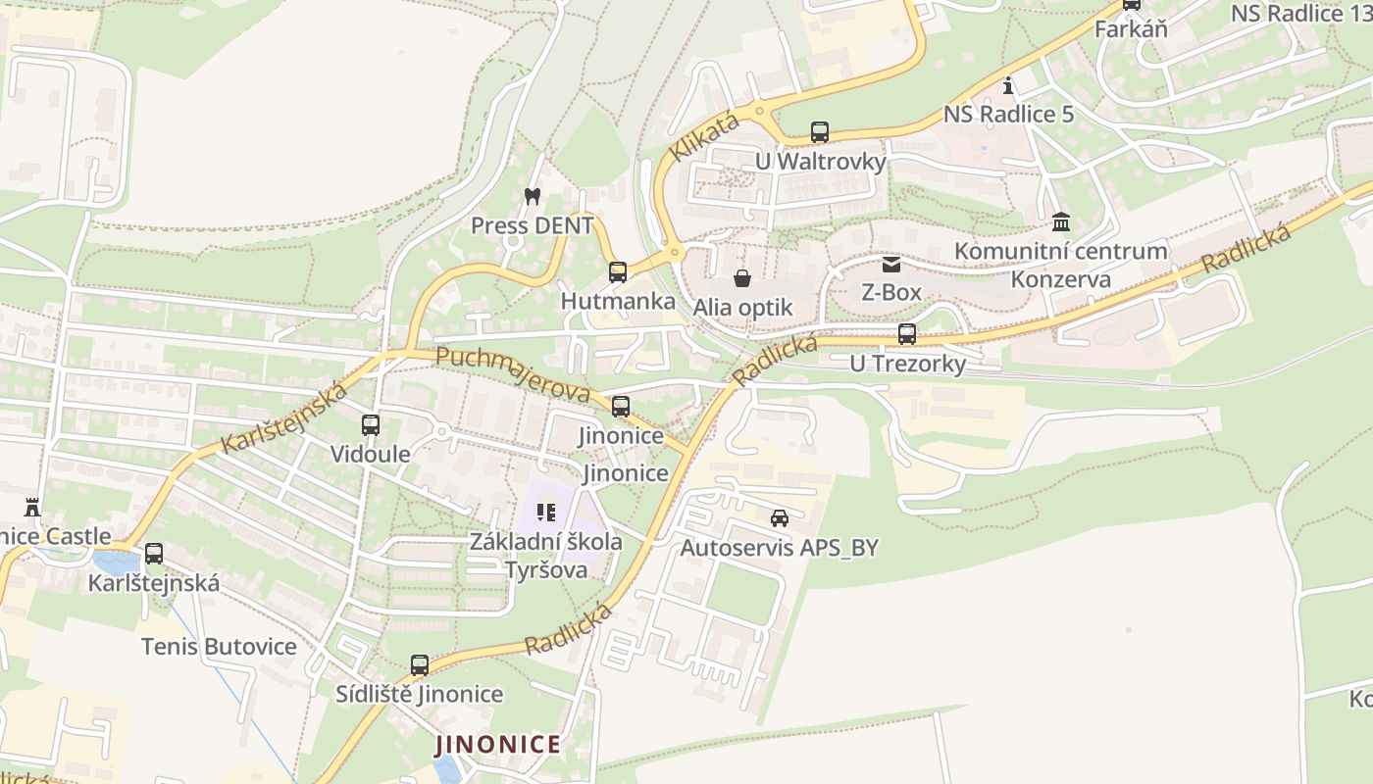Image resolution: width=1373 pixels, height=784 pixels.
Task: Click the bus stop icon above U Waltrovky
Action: pyautogui.click(x=820, y=132)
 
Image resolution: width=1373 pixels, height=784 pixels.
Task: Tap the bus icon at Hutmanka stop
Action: pyautogui.click(x=618, y=272)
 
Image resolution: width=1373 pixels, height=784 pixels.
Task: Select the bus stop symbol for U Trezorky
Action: pyautogui.click(x=907, y=334)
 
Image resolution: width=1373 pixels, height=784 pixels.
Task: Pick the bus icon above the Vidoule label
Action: pyautogui.click(x=371, y=425)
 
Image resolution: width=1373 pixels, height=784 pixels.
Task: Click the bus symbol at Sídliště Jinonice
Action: pyautogui.click(x=420, y=665)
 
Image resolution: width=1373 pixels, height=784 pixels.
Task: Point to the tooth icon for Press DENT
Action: pyautogui.click(x=533, y=197)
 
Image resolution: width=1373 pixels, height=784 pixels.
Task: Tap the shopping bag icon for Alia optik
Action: pyautogui.click(x=742, y=279)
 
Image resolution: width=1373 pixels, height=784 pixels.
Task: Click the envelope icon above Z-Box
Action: pyautogui.click(x=891, y=264)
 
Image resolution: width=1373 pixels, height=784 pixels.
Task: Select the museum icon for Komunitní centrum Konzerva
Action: pyautogui.click(x=1061, y=221)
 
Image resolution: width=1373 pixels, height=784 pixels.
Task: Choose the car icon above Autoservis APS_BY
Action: pyautogui.click(x=780, y=518)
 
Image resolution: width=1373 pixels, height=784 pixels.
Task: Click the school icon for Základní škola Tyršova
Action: pyautogui.click(x=546, y=512)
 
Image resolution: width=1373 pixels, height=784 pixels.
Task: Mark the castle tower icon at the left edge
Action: pyautogui.click(x=32, y=507)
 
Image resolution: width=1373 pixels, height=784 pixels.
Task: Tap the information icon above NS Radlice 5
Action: pyautogui.click(x=1008, y=85)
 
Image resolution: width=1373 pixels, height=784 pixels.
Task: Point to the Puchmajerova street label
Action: pyautogui.click(x=512, y=374)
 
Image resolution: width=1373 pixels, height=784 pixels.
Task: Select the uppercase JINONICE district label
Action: pyautogui.click(x=498, y=745)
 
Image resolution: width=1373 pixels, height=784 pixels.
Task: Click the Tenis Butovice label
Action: pyautogui.click(x=219, y=647)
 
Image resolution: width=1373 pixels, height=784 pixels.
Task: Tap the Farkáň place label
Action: pyautogui.click(x=1131, y=28)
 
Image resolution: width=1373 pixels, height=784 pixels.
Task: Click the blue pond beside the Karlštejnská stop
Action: pyautogui.click(x=116, y=563)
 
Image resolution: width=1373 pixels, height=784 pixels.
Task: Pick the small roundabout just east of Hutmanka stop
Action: pyautogui.click(x=674, y=254)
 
